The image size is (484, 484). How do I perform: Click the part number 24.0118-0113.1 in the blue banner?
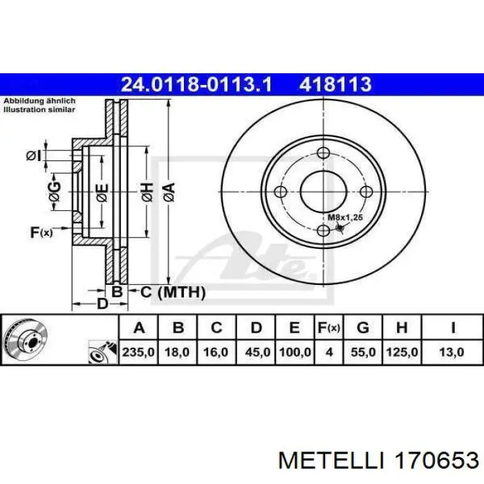pyautogui.click(x=196, y=84)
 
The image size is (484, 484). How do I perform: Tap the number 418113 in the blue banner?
pyautogui.click(x=335, y=84)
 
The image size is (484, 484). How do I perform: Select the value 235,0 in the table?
pyautogui.click(x=138, y=352)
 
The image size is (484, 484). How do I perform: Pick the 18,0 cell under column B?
pyautogui.click(x=177, y=352)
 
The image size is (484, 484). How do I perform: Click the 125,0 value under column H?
pyautogui.click(x=402, y=352)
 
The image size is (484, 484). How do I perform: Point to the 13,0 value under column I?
pyautogui.click(x=452, y=352)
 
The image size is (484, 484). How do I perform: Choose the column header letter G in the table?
pyautogui.click(x=363, y=328)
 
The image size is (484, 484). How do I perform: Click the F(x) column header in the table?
pyautogui.click(x=329, y=328)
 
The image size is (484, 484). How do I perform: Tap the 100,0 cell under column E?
pyautogui.click(x=295, y=352)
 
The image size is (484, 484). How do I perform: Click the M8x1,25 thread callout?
pyautogui.click(x=345, y=217)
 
